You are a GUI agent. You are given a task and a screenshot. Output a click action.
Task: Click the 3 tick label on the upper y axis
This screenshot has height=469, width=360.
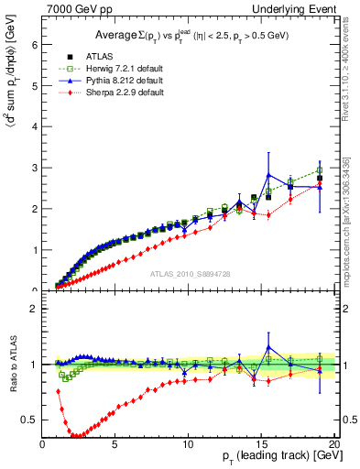coord(35,168)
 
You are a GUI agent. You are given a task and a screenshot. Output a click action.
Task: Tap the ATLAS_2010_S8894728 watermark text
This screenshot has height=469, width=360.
coord(190,273)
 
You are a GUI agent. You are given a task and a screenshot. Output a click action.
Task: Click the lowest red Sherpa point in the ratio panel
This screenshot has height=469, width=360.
coord(79,436)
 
